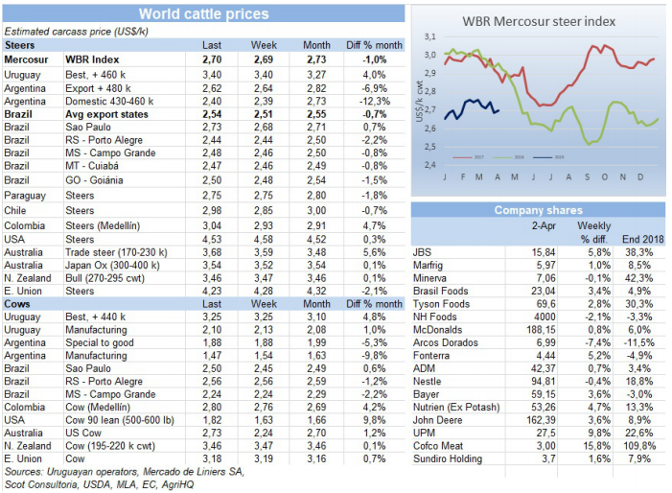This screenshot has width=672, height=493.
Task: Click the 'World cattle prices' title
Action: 203,13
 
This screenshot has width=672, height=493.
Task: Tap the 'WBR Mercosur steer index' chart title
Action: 539,20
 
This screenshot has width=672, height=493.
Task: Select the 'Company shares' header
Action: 539,210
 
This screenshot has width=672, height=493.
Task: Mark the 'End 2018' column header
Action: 638,238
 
